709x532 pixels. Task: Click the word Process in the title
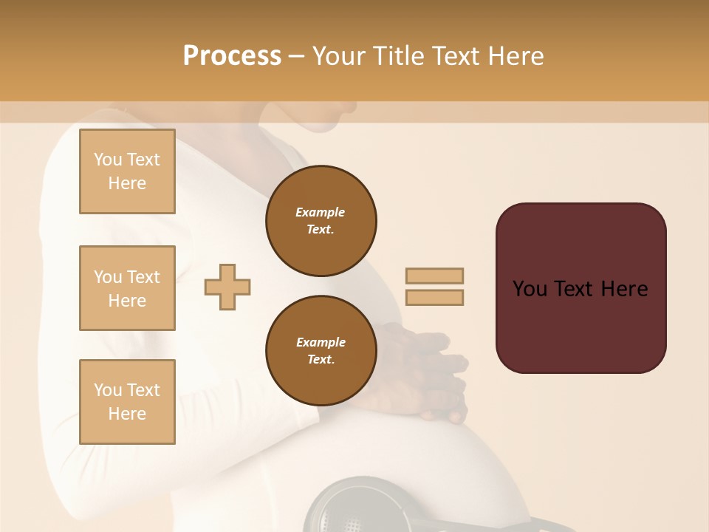click(x=232, y=56)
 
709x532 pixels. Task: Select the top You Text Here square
click(x=127, y=171)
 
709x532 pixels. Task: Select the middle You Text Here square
click(x=127, y=288)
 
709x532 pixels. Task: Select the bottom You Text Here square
click(x=127, y=402)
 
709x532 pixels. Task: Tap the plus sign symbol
click(x=227, y=287)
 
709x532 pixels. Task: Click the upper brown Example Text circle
click(x=321, y=221)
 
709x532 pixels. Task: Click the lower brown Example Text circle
click(x=321, y=351)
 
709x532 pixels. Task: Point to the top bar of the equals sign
click(x=434, y=276)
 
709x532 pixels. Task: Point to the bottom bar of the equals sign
click(x=434, y=297)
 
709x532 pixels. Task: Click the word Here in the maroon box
click(x=624, y=289)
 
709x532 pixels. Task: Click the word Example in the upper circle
click(x=321, y=212)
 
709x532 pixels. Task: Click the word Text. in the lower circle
click(x=321, y=360)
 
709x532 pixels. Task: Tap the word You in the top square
click(x=108, y=160)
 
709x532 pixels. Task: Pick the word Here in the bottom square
click(x=127, y=414)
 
